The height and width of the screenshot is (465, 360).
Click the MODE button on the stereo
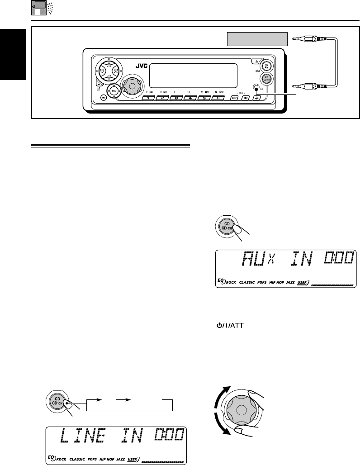click(x=234, y=97)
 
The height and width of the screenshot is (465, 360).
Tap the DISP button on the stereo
click(x=246, y=97)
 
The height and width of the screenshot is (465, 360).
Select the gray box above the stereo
click(x=257, y=39)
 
